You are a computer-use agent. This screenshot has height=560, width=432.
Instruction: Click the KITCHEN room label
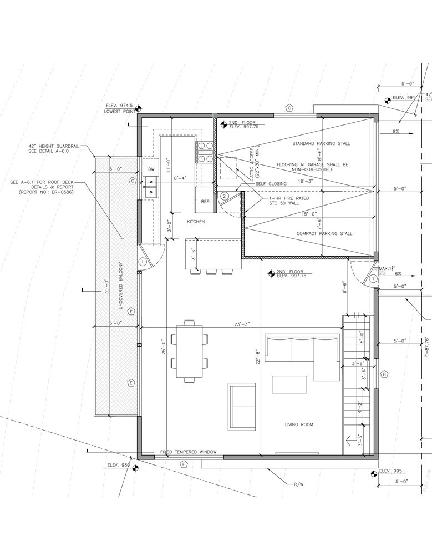pos(195,222)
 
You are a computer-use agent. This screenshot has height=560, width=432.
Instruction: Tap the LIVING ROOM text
pos(299,425)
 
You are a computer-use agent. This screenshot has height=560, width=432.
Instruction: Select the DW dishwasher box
pos(151,168)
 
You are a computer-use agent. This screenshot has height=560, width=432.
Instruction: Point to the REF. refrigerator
pos(205,202)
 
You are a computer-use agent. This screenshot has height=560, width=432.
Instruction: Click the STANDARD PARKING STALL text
pos(321,143)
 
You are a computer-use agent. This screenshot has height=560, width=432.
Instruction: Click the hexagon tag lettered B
pos(384,375)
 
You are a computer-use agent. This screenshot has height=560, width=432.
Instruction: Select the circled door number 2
pos(224,196)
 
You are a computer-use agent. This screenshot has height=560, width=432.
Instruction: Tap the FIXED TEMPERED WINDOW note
pos(188,452)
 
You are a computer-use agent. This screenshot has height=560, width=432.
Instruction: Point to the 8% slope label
pos(396,132)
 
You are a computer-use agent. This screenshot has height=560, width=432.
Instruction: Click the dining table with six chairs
pos(189,352)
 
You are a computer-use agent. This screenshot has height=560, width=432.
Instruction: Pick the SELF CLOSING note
pos(271,184)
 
